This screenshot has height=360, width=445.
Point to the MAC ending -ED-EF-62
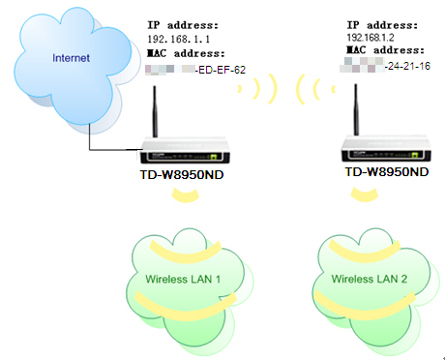pos(221,69)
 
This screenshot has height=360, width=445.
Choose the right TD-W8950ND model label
pos(387,171)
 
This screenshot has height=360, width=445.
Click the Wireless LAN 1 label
pos(184,279)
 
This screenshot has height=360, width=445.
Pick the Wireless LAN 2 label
pos(371,279)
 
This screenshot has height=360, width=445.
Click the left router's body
pos(184,152)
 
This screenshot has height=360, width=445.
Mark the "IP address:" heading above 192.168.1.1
pos(183,21)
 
